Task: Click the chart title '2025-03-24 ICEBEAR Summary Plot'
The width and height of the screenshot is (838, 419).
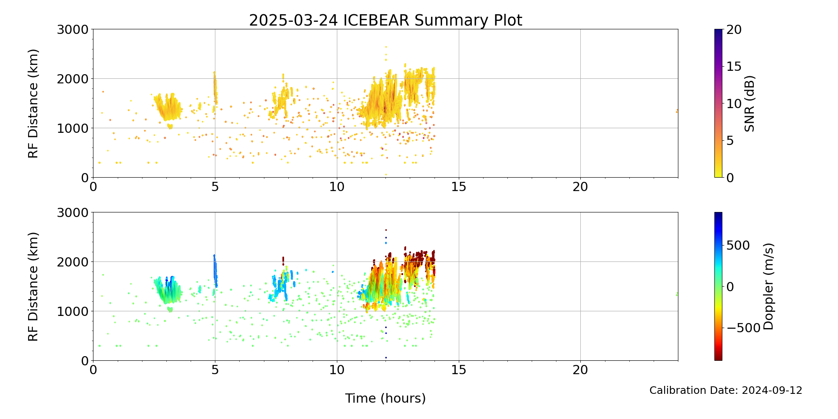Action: pos(385,20)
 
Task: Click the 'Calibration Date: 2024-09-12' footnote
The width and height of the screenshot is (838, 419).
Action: pos(726,391)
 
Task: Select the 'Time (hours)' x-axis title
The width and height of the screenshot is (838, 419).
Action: pos(385,398)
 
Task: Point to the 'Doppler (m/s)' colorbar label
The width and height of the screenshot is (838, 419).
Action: pos(768,286)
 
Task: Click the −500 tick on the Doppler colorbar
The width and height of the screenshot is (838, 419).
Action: pos(743,328)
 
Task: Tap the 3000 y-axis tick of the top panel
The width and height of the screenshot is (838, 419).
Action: pos(73,30)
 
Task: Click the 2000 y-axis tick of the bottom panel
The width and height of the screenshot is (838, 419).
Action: pos(73,262)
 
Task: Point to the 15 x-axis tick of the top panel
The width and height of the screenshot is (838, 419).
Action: pos(459,187)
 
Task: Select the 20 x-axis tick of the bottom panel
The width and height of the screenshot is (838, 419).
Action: pos(580,370)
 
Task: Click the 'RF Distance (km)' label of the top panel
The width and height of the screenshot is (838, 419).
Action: pos(33,103)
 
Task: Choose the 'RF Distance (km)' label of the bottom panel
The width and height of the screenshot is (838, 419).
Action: pos(33,287)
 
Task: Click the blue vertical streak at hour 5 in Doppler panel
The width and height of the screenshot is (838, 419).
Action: pos(215,268)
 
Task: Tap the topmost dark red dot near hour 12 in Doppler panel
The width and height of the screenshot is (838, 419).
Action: pos(386,230)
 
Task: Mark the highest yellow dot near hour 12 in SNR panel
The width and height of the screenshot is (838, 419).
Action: pos(386,47)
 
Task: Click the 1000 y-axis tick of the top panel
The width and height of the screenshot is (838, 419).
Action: pos(73,128)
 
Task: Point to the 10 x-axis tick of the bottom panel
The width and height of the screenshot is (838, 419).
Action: pos(337,370)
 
